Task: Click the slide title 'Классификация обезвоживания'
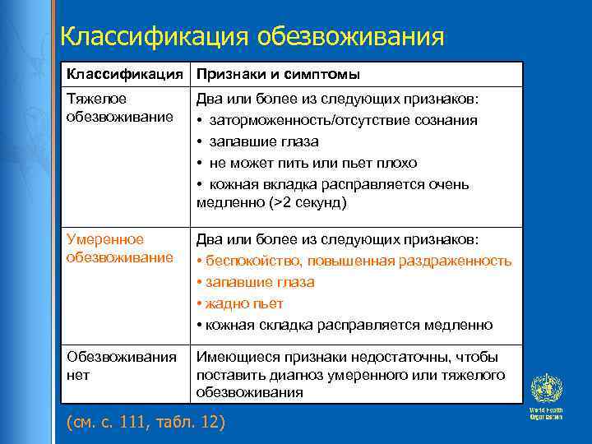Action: click(252, 37)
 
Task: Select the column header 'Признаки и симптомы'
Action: click(277, 75)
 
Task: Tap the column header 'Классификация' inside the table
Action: click(124, 75)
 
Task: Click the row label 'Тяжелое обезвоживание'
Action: click(120, 108)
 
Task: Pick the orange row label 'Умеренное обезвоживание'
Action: click(120, 248)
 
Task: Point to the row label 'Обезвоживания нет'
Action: click(122, 366)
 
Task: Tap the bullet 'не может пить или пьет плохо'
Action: click(312, 164)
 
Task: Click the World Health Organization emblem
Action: click(545, 389)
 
